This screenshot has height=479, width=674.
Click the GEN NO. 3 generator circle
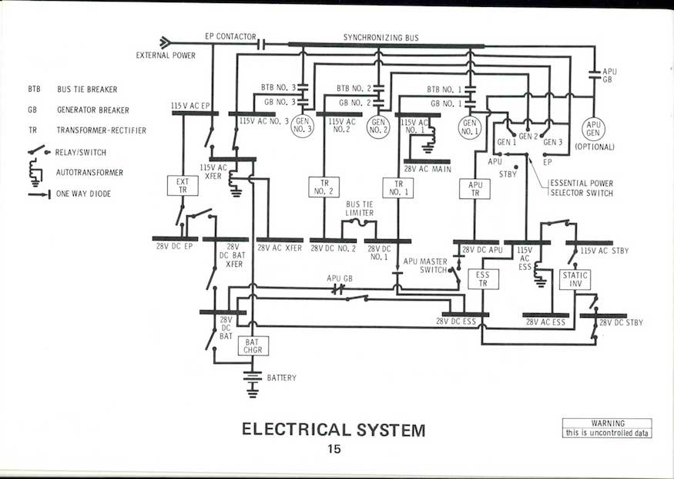pyautogui.click(x=302, y=126)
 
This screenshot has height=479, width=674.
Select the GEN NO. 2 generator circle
pyautogui.click(x=378, y=126)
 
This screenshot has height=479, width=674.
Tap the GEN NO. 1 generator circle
pyautogui.click(x=470, y=128)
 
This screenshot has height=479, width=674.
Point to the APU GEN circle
pyautogui.click(x=593, y=129)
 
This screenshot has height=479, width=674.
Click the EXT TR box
pyautogui.click(x=183, y=185)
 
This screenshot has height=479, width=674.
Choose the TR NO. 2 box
pyautogui.click(x=324, y=187)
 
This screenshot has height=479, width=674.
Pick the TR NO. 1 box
pyautogui.click(x=398, y=188)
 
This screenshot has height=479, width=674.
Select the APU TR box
pyautogui.click(x=474, y=189)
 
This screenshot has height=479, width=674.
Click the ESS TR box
pyautogui.click(x=483, y=279)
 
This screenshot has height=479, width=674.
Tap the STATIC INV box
pyautogui.click(x=575, y=279)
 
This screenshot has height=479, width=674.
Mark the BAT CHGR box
pyautogui.click(x=253, y=346)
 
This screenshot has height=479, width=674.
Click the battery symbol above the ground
pyautogui.click(x=253, y=376)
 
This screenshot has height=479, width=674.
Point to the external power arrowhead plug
pyautogui.click(x=165, y=42)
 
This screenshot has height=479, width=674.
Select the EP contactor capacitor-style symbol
pyautogui.click(x=260, y=44)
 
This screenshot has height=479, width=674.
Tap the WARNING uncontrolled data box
pyautogui.click(x=607, y=428)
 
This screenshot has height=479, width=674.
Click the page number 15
pyautogui.click(x=334, y=449)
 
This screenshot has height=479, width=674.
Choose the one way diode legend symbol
pyautogui.click(x=39, y=194)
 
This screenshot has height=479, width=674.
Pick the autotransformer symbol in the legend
pyautogui.click(x=35, y=172)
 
